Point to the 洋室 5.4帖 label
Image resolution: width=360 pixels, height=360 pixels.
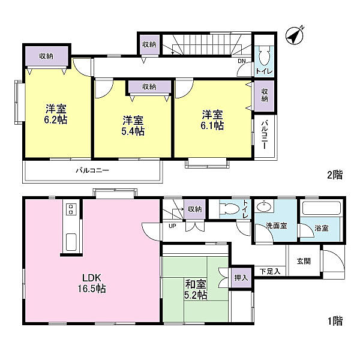point(133,124)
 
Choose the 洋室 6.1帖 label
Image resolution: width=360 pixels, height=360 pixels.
point(212,119)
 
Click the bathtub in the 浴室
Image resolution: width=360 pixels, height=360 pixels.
point(320,211)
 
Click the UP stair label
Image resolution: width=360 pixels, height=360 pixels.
point(172,226)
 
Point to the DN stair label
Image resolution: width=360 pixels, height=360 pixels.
point(242,61)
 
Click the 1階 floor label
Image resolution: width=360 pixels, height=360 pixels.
point(334,321)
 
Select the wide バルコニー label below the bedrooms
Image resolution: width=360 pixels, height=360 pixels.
point(92,171)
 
